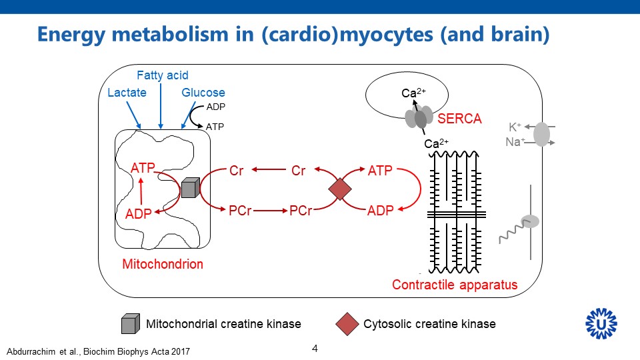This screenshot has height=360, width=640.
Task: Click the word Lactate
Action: [127, 93]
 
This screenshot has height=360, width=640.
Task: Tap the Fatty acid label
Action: [163, 75]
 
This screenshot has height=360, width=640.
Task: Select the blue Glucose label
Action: [203, 93]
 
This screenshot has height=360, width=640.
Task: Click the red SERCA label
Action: [459, 119]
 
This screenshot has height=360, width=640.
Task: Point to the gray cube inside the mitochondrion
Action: [190, 189]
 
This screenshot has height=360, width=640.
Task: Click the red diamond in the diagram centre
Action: [340, 189]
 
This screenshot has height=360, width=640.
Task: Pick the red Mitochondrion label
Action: [163, 264]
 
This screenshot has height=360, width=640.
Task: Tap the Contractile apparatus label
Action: [455, 285]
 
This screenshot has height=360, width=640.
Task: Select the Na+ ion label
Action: [514, 141]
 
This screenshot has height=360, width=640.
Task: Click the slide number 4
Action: [315, 348]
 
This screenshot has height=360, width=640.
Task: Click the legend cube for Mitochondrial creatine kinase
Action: [130, 324]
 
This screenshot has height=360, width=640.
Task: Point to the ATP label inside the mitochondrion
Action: [143, 168]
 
